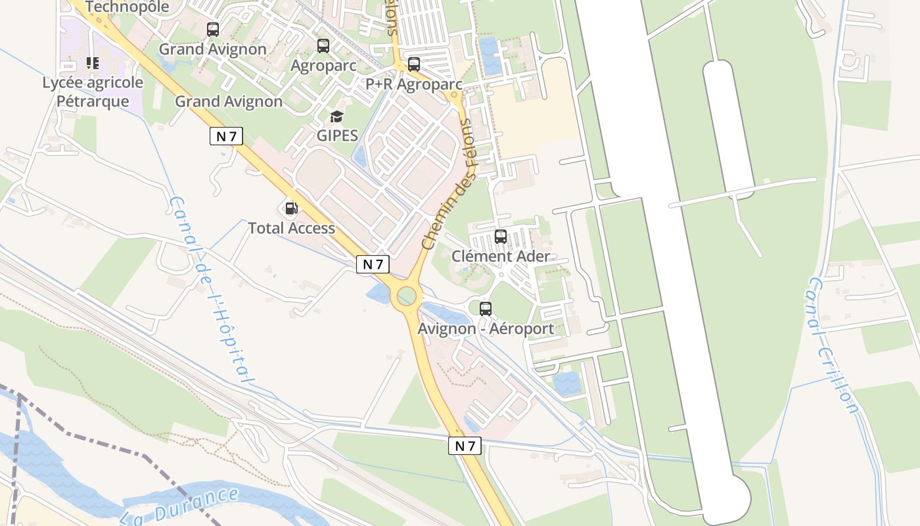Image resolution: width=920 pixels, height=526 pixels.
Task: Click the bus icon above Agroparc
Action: pyautogui.click(x=323, y=46)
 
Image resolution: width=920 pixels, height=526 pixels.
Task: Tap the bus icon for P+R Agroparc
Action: pyautogui.click(x=413, y=64)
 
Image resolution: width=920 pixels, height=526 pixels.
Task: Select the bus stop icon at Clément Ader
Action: pyautogui.click(x=501, y=237)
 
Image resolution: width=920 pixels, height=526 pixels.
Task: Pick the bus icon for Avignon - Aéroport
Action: pyautogui.click(x=486, y=309)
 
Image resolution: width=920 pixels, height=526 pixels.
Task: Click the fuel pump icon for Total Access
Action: pyautogui.click(x=291, y=209)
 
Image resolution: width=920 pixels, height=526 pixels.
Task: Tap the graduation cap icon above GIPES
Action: pyautogui.click(x=337, y=117)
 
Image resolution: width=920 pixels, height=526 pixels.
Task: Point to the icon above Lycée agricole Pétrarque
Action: pyautogui.click(x=93, y=64)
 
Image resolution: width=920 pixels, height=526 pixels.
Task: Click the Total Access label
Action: pyautogui.click(x=291, y=228)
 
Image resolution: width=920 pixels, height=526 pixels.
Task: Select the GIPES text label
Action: pyautogui.click(x=337, y=135)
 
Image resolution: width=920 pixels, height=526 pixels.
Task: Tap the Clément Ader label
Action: pyautogui.click(x=501, y=256)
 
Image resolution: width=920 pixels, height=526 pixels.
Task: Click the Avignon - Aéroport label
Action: pyautogui.click(x=486, y=328)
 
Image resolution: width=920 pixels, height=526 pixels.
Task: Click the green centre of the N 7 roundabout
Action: pyautogui.click(x=406, y=297)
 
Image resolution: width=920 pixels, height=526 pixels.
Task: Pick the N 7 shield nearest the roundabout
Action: pyautogui.click(x=373, y=264)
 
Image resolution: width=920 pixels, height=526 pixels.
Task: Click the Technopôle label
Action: pyautogui.click(x=127, y=7)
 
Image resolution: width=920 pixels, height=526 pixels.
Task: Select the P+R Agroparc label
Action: pyautogui.click(x=413, y=84)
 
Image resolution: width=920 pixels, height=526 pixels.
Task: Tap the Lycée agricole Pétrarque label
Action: pyautogui.click(x=93, y=92)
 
